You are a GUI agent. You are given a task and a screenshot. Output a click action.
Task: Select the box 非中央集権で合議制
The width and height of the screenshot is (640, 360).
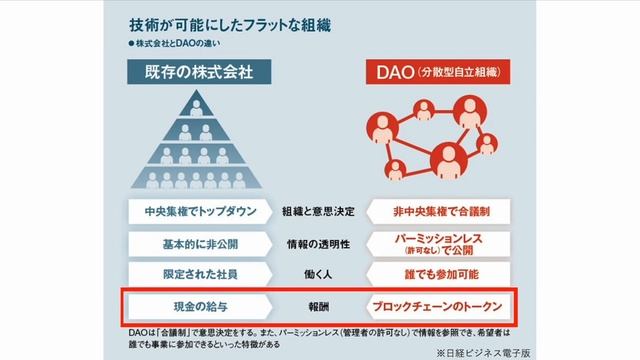tap(440, 212)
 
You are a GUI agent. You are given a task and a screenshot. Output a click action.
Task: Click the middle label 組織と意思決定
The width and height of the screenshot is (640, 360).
tap(317, 212)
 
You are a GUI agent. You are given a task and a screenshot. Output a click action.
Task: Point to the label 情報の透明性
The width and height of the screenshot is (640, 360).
tap(317, 243)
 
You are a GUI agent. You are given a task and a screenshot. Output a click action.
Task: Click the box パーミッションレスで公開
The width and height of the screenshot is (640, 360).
tap(440, 243)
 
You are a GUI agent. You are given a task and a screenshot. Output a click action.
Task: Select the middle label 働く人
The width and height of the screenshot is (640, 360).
tap(317, 274)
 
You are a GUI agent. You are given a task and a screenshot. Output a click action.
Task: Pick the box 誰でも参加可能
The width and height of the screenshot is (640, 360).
tap(440, 274)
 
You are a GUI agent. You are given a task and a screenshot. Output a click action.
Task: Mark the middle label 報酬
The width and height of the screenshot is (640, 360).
tap(317, 305)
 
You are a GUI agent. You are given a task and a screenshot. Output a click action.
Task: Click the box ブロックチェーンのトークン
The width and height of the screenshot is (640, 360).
tap(440, 305)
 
